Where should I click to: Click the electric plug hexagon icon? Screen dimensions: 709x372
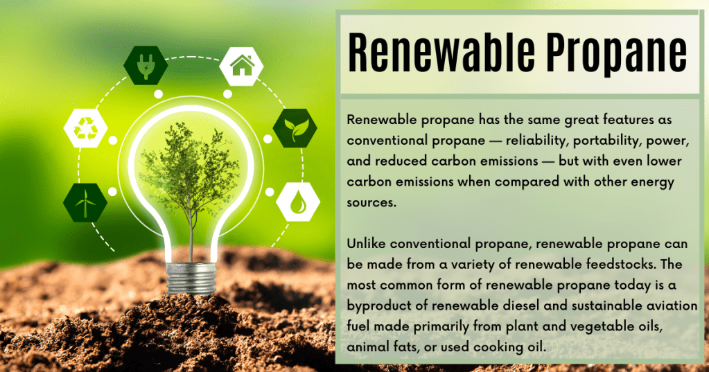tap(146, 66)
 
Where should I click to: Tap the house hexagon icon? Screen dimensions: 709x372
tap(241, 66)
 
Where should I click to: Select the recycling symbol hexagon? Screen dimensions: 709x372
tap(85, 128)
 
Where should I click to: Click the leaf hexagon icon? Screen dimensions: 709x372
tap(295, 128)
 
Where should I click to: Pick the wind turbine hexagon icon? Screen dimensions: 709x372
tap(85, 202)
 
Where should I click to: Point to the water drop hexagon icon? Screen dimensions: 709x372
tap(298, 202)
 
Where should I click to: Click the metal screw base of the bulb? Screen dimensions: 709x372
tap(191, 278)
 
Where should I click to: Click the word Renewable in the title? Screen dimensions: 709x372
tap(441, 53)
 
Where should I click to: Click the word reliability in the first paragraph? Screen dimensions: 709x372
tap(535, 141)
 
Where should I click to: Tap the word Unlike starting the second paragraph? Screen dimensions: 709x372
tap(366, 244)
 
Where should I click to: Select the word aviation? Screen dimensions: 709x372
tap(672, 305)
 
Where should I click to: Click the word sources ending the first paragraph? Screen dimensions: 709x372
tap(371, 203)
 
